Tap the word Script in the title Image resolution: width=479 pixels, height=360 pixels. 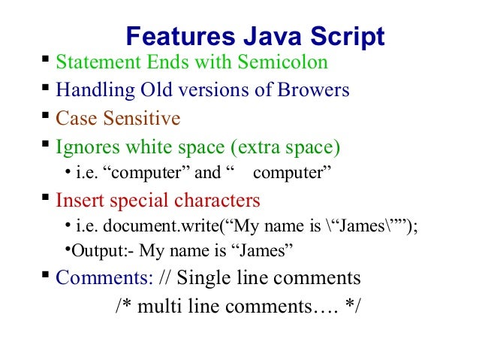pos(345,36)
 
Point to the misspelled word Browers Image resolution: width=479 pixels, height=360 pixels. pos(313,91)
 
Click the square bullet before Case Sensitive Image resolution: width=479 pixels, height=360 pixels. pos(46,116)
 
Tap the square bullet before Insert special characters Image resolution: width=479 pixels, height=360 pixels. pos(46,198)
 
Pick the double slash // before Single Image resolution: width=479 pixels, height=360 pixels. pos(166,278)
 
